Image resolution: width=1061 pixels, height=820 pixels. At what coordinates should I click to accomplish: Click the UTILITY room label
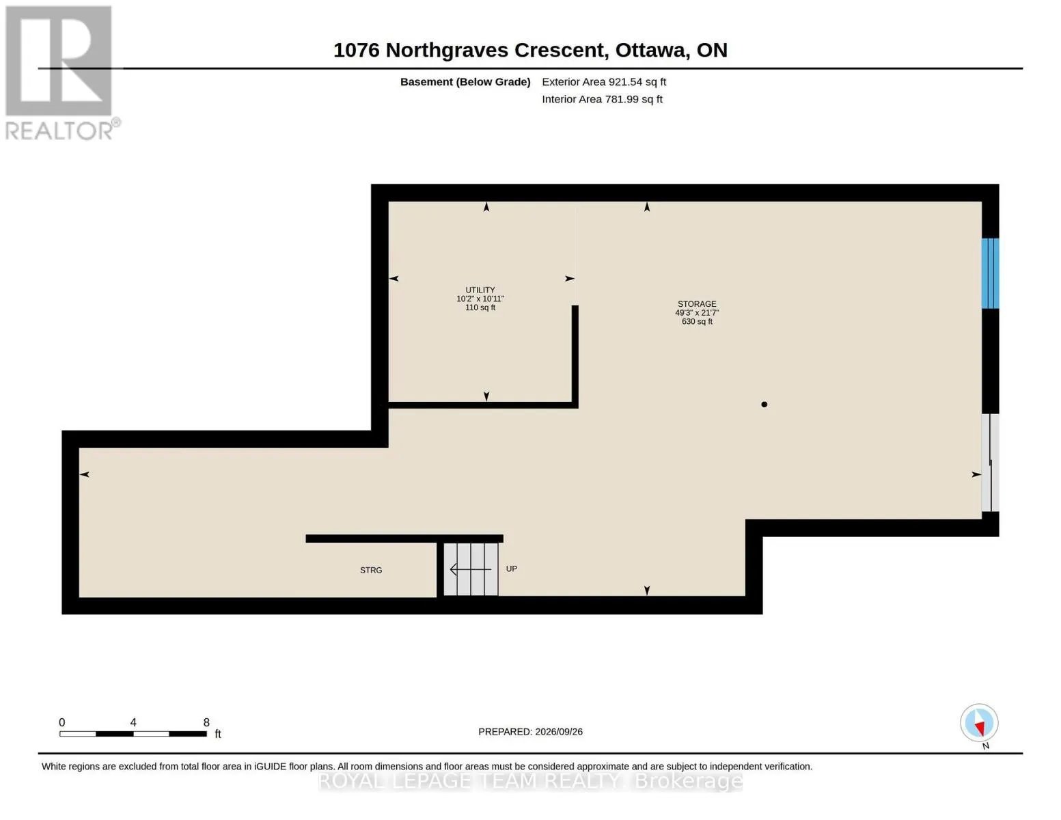480,290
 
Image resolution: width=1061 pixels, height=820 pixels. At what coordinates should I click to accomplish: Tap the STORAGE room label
697,304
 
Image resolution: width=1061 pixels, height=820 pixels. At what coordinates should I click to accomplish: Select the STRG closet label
371,571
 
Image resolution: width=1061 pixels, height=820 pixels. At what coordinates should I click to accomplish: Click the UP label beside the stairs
511,569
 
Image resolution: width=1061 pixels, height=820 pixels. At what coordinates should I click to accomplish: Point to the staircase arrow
470,569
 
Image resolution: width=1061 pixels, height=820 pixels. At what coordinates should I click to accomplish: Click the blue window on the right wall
990,273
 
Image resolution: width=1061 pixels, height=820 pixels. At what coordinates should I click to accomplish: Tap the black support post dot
764,405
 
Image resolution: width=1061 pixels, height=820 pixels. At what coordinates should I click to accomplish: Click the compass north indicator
979,723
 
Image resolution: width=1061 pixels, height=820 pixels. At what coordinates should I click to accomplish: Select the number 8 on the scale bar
206,722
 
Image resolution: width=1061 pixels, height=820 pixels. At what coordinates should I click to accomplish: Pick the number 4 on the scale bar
133,722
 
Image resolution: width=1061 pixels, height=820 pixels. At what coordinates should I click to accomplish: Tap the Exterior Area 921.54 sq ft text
604,82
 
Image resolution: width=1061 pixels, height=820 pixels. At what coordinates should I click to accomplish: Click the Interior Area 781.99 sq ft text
602,99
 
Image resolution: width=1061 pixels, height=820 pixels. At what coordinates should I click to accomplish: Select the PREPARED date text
530,732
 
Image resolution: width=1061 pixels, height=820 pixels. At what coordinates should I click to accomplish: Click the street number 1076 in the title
357,51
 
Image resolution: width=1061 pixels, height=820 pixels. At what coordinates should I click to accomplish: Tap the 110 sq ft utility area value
480,307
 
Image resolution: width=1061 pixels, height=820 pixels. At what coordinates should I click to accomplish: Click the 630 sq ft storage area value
697,322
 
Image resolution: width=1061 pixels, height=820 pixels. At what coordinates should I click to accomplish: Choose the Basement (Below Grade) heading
465,82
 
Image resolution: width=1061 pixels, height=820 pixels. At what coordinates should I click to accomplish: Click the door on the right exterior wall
990,463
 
